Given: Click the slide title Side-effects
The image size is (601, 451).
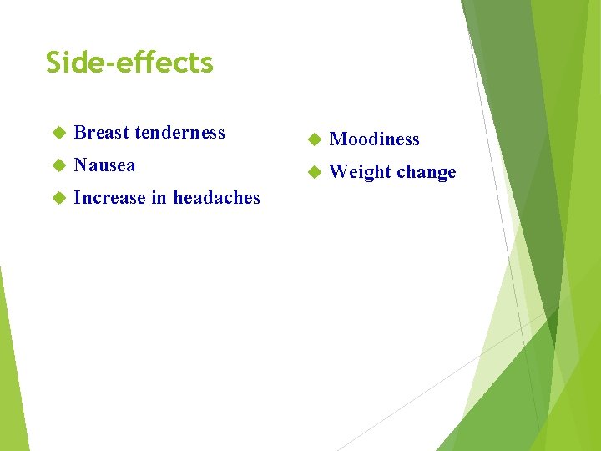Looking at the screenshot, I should point(129,63).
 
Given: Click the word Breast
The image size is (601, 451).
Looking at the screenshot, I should point(101,133).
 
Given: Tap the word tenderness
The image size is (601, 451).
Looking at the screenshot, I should point(179,133).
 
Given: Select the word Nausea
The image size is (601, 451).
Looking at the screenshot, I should point(104,165).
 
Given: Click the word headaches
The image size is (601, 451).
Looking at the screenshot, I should point(216,198).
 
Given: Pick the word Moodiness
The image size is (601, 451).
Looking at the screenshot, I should point(374,139).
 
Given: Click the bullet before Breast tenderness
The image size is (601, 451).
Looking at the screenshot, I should point(58,134).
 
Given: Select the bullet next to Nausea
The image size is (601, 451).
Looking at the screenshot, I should point(58,166).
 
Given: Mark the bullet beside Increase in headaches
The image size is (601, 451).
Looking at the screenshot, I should point(58,199).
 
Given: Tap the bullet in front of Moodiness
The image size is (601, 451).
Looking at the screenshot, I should point(314,139).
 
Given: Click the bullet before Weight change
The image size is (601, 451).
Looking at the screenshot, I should point(314,172).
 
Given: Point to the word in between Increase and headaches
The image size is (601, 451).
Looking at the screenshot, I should point(159,198).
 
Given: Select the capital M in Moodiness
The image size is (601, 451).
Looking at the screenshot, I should point(337,139).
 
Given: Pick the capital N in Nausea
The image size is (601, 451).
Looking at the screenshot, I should point(81,165).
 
